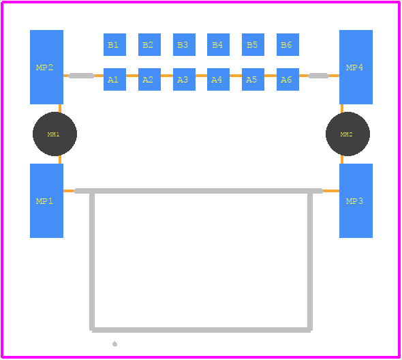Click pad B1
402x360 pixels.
pyautogui.click(x=114, y=44)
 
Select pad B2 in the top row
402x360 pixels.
pyautogui.click(x=149, y=44)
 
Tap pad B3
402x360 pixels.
pyautogui.click(x=184, y=44)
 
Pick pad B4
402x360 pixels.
pyautogui.click(x=218, y=44)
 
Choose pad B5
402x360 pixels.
pyautogui.click(x=253, y=44)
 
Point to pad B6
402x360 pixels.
pyautogui.click(x=288, y=44)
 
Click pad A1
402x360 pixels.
pyautogui.click(x=114, y=79)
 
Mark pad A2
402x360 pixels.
pyautogui.click(x=149, y=79)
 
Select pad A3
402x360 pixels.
pyautogui.click(x=184, y=79)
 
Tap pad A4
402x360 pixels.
pyautogui.click(x=218, y=79)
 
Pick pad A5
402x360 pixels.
pyautogui.click(x=253, y=79)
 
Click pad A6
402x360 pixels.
pyautogui.click(x=288, y=79)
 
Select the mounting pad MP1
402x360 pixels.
pyautogui.click(x=46, y=200)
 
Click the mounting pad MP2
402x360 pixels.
pyautogui.click(x=46, y=67)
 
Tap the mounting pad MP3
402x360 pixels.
pyautogui.click(x=356, y=200)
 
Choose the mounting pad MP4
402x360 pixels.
pyautogui.click(x=356, y=67)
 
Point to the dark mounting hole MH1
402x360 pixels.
pyautogui.click(x=55, y=134)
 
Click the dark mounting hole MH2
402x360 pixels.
pyautogui.click(x=347, y=134)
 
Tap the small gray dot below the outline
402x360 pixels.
pyautogui.click(x=115, y=344)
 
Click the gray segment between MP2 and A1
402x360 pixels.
pyautogui.click(x=82, y=76)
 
